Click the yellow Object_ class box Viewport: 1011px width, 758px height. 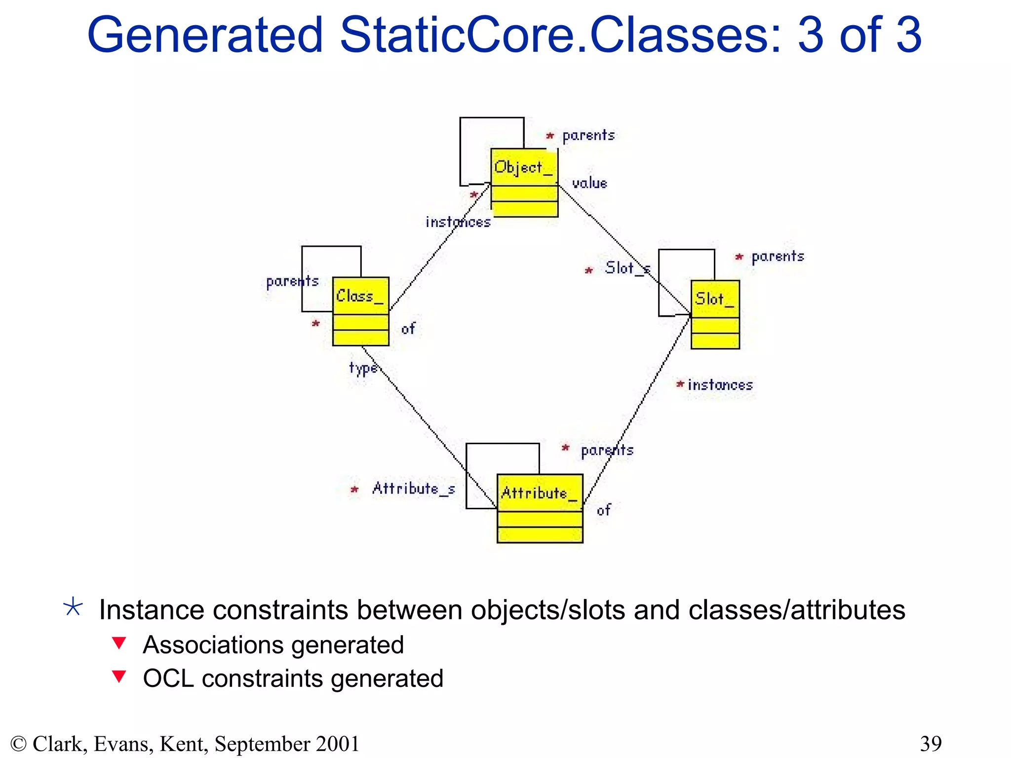pyautogui.click(x=524, y=183)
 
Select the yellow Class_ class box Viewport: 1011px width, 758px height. pyautogui.click(x=360, y=311)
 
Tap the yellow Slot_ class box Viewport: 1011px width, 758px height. pyautogui.click(x=715, y=314)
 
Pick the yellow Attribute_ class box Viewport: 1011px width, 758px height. pyautogui.click(x=540, y=508)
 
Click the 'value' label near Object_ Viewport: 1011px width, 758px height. pyautogui.click(x=589, y=183)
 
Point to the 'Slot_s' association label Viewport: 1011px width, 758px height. pyautogui.click(x=627, y=268)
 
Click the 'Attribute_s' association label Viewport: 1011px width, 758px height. pyautogui.click(x=413, y=489)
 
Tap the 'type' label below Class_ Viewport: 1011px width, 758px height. pyautogui.click(x=363, y=368)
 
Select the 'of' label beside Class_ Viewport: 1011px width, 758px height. pyautogui.click(x=408, y=329)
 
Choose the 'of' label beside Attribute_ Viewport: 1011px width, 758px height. pyautogui.click(x=604, y=510)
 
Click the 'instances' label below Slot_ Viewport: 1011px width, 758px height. pyautogui.click(x=720, y=385)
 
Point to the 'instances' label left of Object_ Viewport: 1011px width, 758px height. pyautogui.click(x=458, y=222)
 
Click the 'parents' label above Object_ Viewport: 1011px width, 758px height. pyautogui.click(x=588, y=135)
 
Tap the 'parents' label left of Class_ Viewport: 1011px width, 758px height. pyautogui.click(x=292, y=281)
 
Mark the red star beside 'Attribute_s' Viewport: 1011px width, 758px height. pyautogui.click(x=354, y=490)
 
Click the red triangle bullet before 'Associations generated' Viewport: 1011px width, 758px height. pyautogui.click(x=119, y=643)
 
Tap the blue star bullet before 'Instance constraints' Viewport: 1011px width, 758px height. pyautogui.click(x=73, y=607)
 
